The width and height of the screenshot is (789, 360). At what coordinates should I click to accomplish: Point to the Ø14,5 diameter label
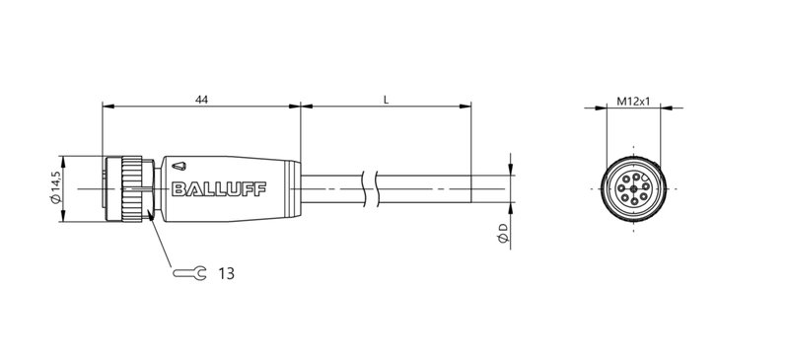click(55, 188)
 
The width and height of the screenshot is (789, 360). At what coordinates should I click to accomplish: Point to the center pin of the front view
click(630, 188)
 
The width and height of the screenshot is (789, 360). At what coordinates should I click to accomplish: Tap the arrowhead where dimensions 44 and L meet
click(300, 108)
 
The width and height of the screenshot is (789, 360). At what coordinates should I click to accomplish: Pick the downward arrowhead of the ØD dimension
click(510, 170)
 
